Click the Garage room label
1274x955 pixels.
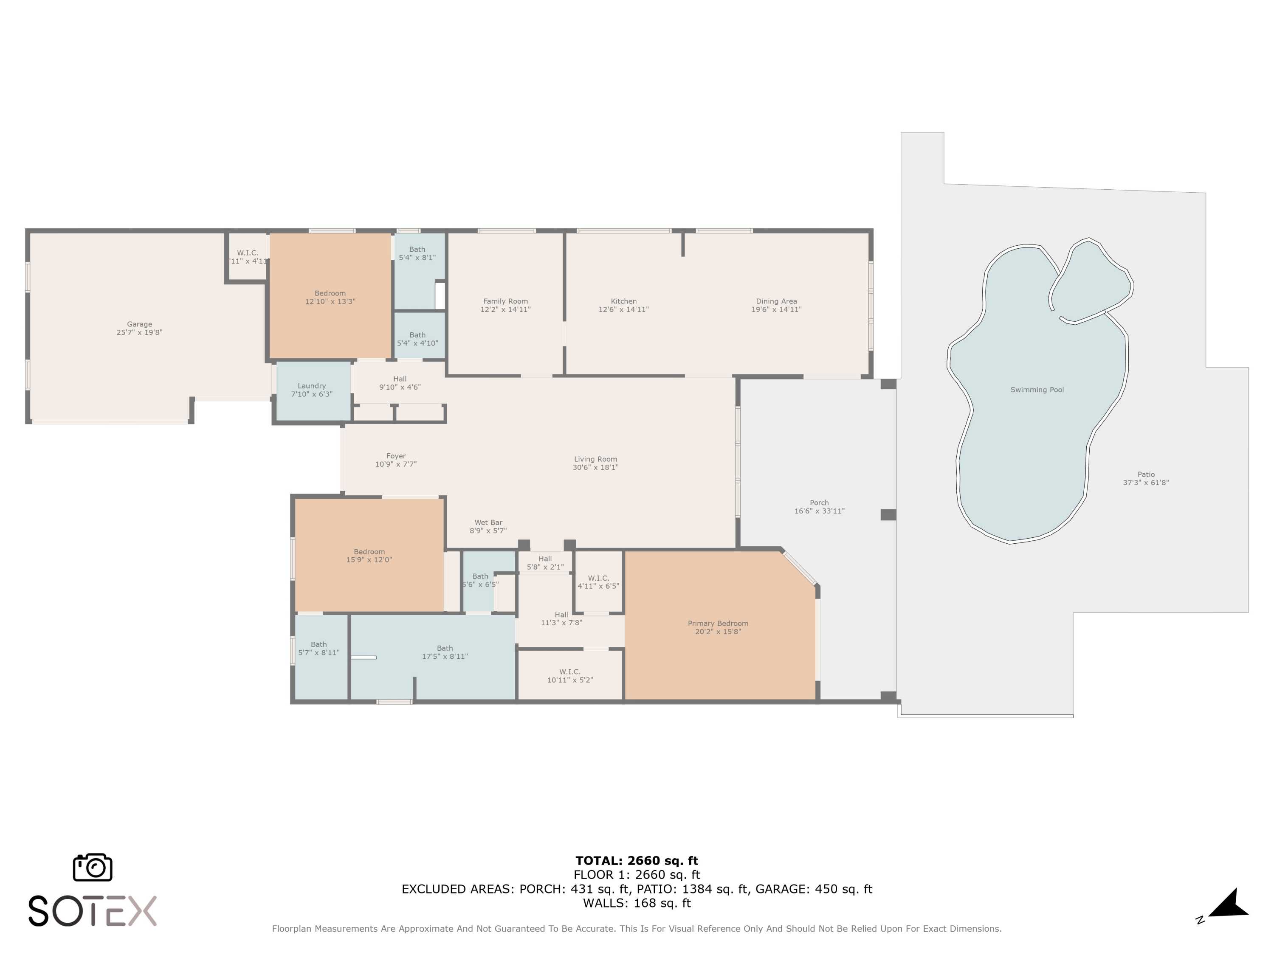tap(139, 324)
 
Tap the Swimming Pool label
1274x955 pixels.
tap(1037, 390)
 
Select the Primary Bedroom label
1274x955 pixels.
tap(718, 624)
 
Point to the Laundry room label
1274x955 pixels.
tap(312, 386)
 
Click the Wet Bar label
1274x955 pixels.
tap(488, 522)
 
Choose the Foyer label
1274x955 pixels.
tap(396, 456)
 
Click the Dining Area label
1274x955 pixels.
tap(776, 301)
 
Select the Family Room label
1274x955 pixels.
tap(505, 301)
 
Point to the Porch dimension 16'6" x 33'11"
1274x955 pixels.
tap(819, 511)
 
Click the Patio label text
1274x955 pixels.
tap(1146, 475)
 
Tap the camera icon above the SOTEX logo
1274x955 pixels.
tap(92, 867)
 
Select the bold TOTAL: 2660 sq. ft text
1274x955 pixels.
tap(637, 861)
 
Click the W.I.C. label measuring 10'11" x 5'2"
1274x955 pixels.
tap(569, 672)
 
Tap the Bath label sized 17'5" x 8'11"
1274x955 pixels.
tap(444, 648)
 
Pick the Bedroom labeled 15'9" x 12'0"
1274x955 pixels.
tap(369, 551)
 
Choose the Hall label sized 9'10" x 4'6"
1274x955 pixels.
tap(400, 379)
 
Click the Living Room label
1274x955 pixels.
tap(595, 459)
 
